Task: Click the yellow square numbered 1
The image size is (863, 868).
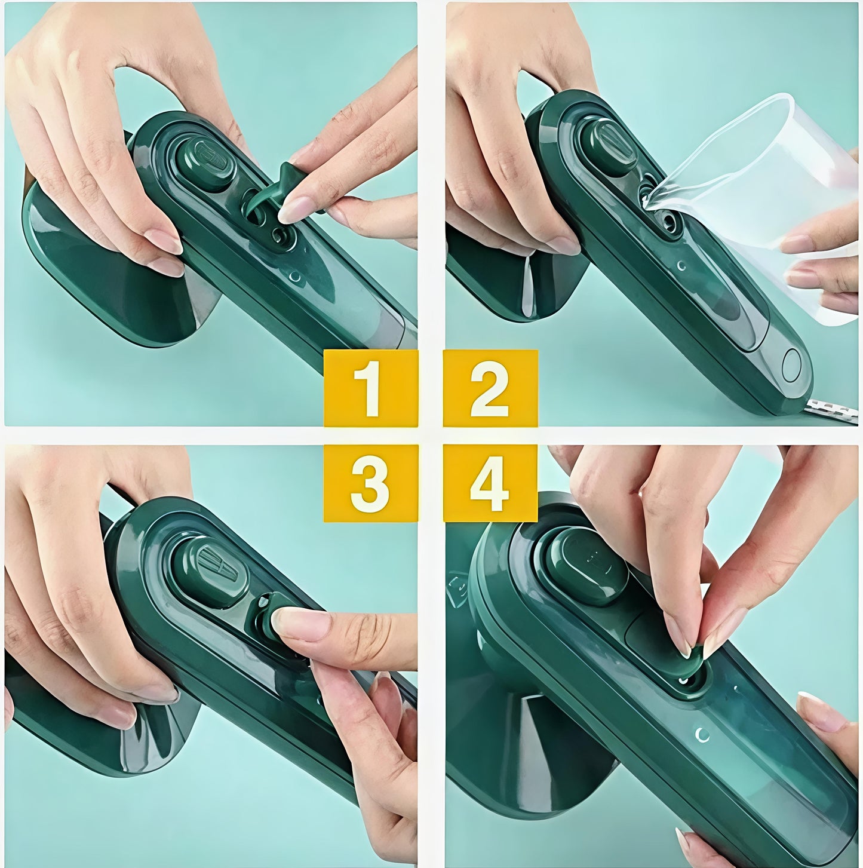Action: point(370,388)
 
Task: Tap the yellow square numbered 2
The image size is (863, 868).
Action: point(490,388)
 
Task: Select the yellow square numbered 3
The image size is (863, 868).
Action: point(370,483)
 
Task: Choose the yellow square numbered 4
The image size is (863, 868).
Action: point(490,483)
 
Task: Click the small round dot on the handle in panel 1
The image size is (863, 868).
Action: point(294,277)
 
